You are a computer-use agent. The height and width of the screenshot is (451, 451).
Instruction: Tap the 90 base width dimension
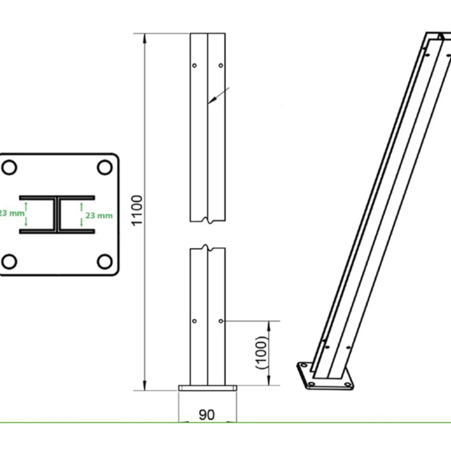tap(207, 415)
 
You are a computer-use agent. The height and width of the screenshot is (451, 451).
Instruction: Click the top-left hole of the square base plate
tap(10, 167)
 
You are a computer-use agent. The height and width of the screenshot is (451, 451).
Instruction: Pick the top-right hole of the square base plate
tap(105, 167)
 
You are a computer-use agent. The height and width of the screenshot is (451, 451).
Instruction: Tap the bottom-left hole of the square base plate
tap(10, 262)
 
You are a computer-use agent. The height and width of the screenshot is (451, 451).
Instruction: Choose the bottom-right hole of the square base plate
tap(105, 262)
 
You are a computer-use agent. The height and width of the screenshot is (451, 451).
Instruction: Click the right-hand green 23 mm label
tap(99, 216)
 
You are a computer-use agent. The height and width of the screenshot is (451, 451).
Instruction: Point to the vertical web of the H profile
tap(57, 215)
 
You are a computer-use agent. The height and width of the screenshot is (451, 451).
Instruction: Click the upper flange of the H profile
tap(57, 198)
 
